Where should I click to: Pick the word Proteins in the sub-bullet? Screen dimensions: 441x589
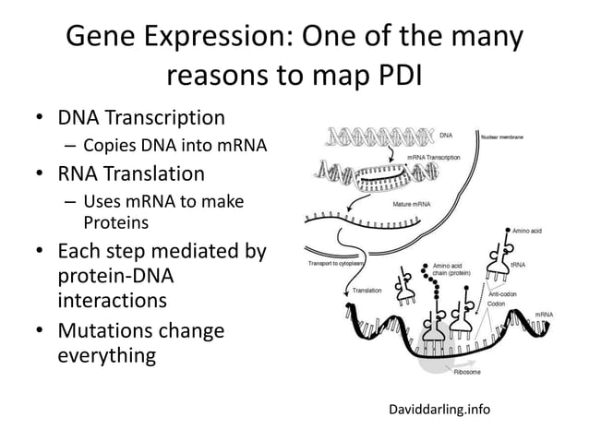[114, 221]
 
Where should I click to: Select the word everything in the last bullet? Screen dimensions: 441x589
[104, 355]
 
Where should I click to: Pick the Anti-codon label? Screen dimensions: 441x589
[503, 293]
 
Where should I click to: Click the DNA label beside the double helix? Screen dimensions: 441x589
[445, 136]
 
